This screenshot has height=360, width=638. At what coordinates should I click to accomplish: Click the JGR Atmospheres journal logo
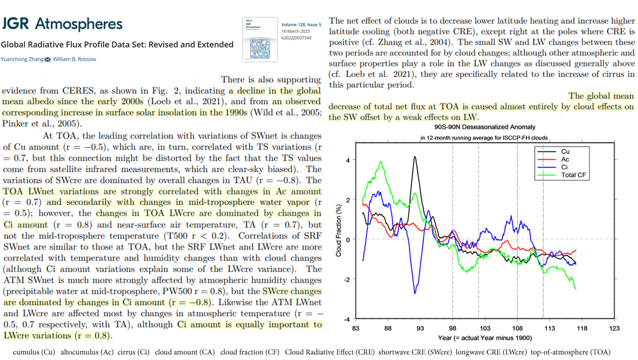click(x=62, y=24)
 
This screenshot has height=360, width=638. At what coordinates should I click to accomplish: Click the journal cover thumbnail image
click(x=260, y=40)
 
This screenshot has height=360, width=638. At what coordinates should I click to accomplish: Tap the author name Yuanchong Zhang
click(x=22, y=59)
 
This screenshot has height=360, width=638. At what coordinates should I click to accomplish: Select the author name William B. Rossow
click(x=74, y=59)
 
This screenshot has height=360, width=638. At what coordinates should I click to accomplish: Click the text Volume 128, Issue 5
click(x=301, y=25)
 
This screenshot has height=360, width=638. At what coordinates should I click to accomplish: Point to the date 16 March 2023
click(x=295, y=31)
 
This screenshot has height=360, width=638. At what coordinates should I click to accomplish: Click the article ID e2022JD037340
click(x=296, y=38)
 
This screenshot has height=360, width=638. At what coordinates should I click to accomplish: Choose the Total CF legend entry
click(x=561, y=175)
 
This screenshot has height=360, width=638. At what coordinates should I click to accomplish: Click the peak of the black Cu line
click(x=415, y=157)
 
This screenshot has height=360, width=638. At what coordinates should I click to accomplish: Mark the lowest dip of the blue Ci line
click(x=415, y=293)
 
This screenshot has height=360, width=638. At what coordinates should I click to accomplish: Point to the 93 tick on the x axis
click(x=420, y=329)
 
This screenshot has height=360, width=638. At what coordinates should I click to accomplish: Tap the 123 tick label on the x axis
click(x=614, y=329)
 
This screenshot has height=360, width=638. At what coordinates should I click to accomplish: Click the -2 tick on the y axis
click(x=347, y=280)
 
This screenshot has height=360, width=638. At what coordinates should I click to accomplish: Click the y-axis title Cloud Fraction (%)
click(x=338, y=231)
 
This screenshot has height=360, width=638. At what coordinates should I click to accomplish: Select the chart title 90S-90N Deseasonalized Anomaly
click(x=485, y=127)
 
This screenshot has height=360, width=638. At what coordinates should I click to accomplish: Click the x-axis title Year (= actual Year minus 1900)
click(x=485, y=338)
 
